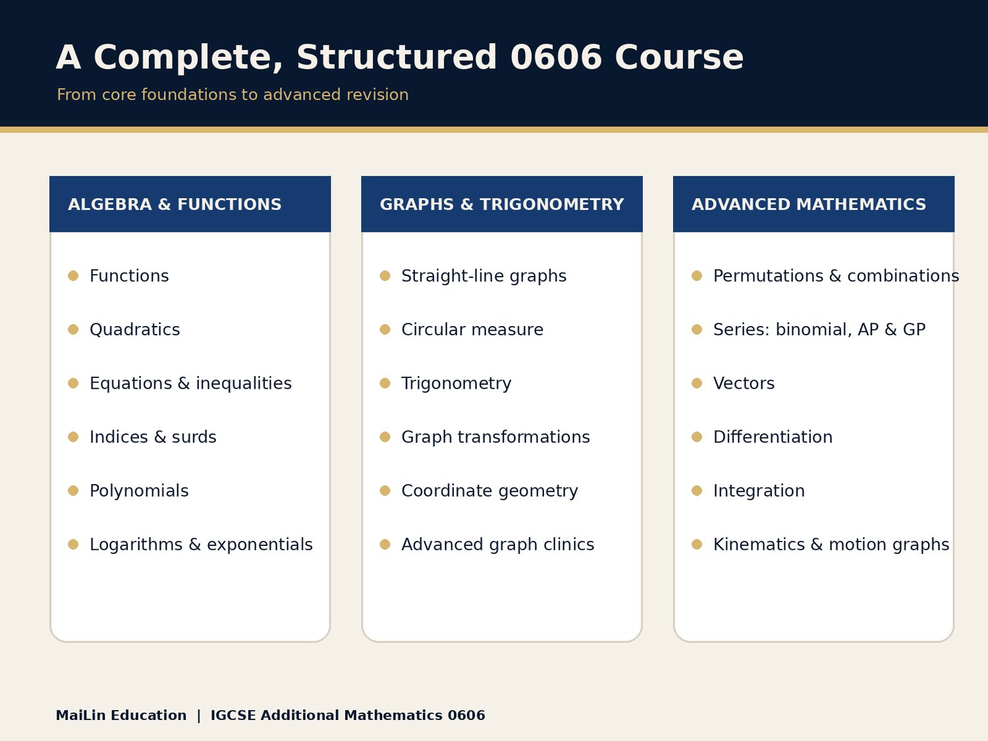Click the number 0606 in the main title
pyautogui.click(x=556, y=57)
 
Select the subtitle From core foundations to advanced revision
pyautogui.click(x=233, y=95)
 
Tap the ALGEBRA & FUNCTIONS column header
pyautogui.click(x=175, y=204)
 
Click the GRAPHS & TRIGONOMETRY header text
pyautogui.click(x=502, y=204)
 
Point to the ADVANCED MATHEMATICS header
pyautogui.click(x=809, y=204)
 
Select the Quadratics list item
pyautogui.click(x=134, y=330)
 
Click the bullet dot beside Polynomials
pyautogui.click(x=73, y=491)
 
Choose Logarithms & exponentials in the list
pyautogui.click(x=201, y=545)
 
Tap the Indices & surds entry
pyautogui.click(x=153, y=437)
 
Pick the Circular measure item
pyautogui.click(x=472, y=329)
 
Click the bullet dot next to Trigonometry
pyautogui.click(x=385, y=383)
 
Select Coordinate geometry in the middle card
pyautogui.click(x=490, y=491)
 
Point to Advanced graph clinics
pyautogui.click(x=498, y=545)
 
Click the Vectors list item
pyautogui.click(x=744, y=383)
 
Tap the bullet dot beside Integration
pyautogui.click(x=697, y=491)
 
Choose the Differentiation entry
pyautogui.click(x=773, y=437)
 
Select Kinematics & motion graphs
pyautogui.click(x=831, y=545)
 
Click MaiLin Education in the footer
pyautogui.click(x=121, y=715)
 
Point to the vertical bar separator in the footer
pyautogui.click(x=198, y=715)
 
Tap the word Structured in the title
pyautogui.click(x=397, y=57)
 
